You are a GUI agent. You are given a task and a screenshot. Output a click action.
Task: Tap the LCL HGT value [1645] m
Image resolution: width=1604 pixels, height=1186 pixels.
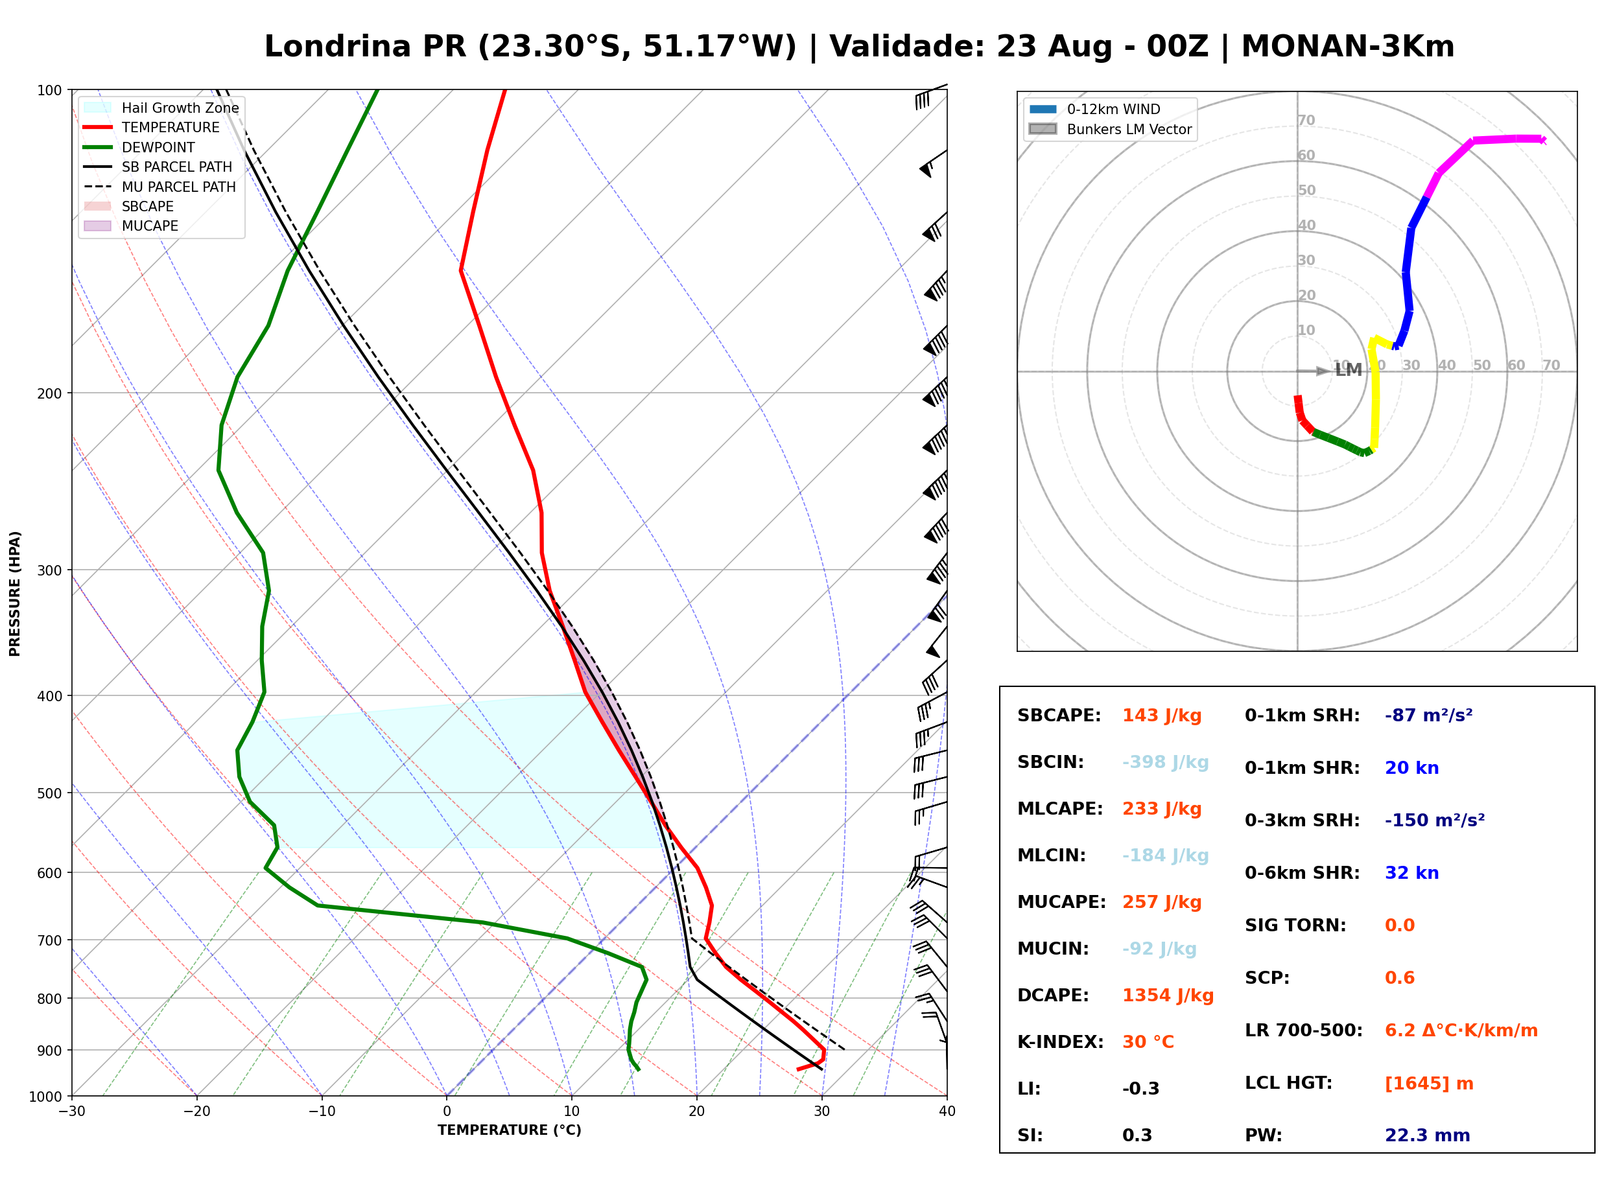tap(1429, 1084)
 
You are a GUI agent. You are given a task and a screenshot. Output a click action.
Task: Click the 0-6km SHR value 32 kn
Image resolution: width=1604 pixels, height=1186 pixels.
tap(1411, 874)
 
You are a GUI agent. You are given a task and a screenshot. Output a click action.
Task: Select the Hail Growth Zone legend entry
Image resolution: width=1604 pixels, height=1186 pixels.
tap(161, 108)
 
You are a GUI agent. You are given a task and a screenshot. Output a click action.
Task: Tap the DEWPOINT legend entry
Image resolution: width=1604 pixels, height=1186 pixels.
tap(139, 148)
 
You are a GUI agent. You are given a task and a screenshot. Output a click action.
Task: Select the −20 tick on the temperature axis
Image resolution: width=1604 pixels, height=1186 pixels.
tap(196, 1112)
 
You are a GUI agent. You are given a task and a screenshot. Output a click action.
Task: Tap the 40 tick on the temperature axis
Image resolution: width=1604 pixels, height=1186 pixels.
tap(947, 1112)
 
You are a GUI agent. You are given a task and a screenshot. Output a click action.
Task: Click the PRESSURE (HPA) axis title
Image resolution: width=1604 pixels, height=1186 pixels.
tap(15, 594)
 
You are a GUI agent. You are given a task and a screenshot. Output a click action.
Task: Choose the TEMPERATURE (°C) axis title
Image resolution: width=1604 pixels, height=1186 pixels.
tap(510, 1131)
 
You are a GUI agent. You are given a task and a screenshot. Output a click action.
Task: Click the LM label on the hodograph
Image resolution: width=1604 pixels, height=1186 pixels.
tap(1349, 371)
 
